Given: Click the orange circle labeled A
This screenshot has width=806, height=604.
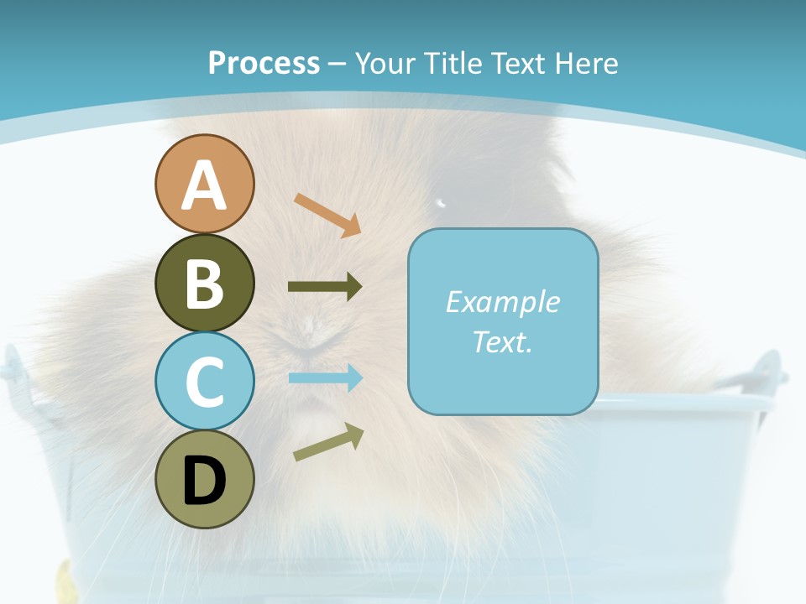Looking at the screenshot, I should (x=204, y=184).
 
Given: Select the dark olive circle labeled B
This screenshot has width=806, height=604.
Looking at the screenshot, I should (x=204, y=283).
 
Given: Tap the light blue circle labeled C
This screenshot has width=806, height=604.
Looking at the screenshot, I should (x=204, y=381).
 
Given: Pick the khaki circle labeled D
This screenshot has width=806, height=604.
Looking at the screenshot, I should (x=204, y=479).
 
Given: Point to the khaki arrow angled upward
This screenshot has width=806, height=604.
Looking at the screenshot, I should (x=328, y=441).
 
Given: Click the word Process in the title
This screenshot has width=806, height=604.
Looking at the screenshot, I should (x=264, y=63).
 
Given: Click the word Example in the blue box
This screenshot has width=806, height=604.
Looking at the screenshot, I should (x=502, y=302).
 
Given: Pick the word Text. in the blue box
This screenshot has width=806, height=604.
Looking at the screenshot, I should (x=502, y=341).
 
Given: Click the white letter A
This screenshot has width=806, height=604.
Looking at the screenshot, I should (x=204, y=185).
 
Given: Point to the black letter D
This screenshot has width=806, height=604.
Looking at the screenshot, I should (x=204, y=481).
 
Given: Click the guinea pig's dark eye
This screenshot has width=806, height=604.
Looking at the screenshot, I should (x=441, y=202).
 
